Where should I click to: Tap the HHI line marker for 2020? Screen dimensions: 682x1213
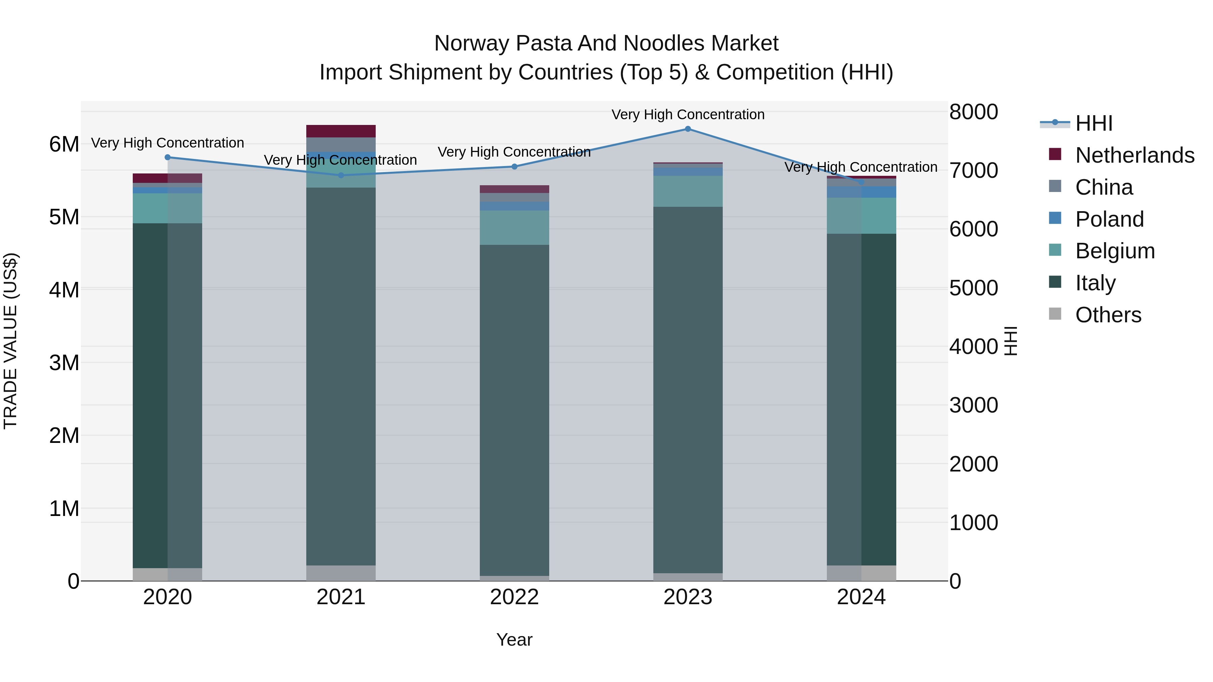click(x=168, y=157)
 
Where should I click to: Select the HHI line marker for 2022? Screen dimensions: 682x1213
click(x=514, y=167)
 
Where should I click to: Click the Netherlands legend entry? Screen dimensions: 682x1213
click(x=1135, y=155)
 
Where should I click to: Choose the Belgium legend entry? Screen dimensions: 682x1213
click(x=1115, y=251)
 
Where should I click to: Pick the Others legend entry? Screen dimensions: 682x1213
click(x=1108, y=315)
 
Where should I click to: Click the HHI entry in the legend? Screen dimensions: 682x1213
click(x=1094, y=123)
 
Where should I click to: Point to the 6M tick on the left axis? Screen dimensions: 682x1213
click(x=64, y=144)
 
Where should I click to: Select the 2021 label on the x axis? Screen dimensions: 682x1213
click(x=341, y=597)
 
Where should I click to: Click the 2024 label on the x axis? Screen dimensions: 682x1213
click(x=861, y=597)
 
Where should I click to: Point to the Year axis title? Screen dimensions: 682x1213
click(x=514, y=640)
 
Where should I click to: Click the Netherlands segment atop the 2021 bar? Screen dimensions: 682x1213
click(x=341, y=131)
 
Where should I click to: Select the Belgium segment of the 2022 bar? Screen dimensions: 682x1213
click(x=514, y=227)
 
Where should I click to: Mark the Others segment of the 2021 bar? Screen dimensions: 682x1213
click(x=341, y=573)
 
